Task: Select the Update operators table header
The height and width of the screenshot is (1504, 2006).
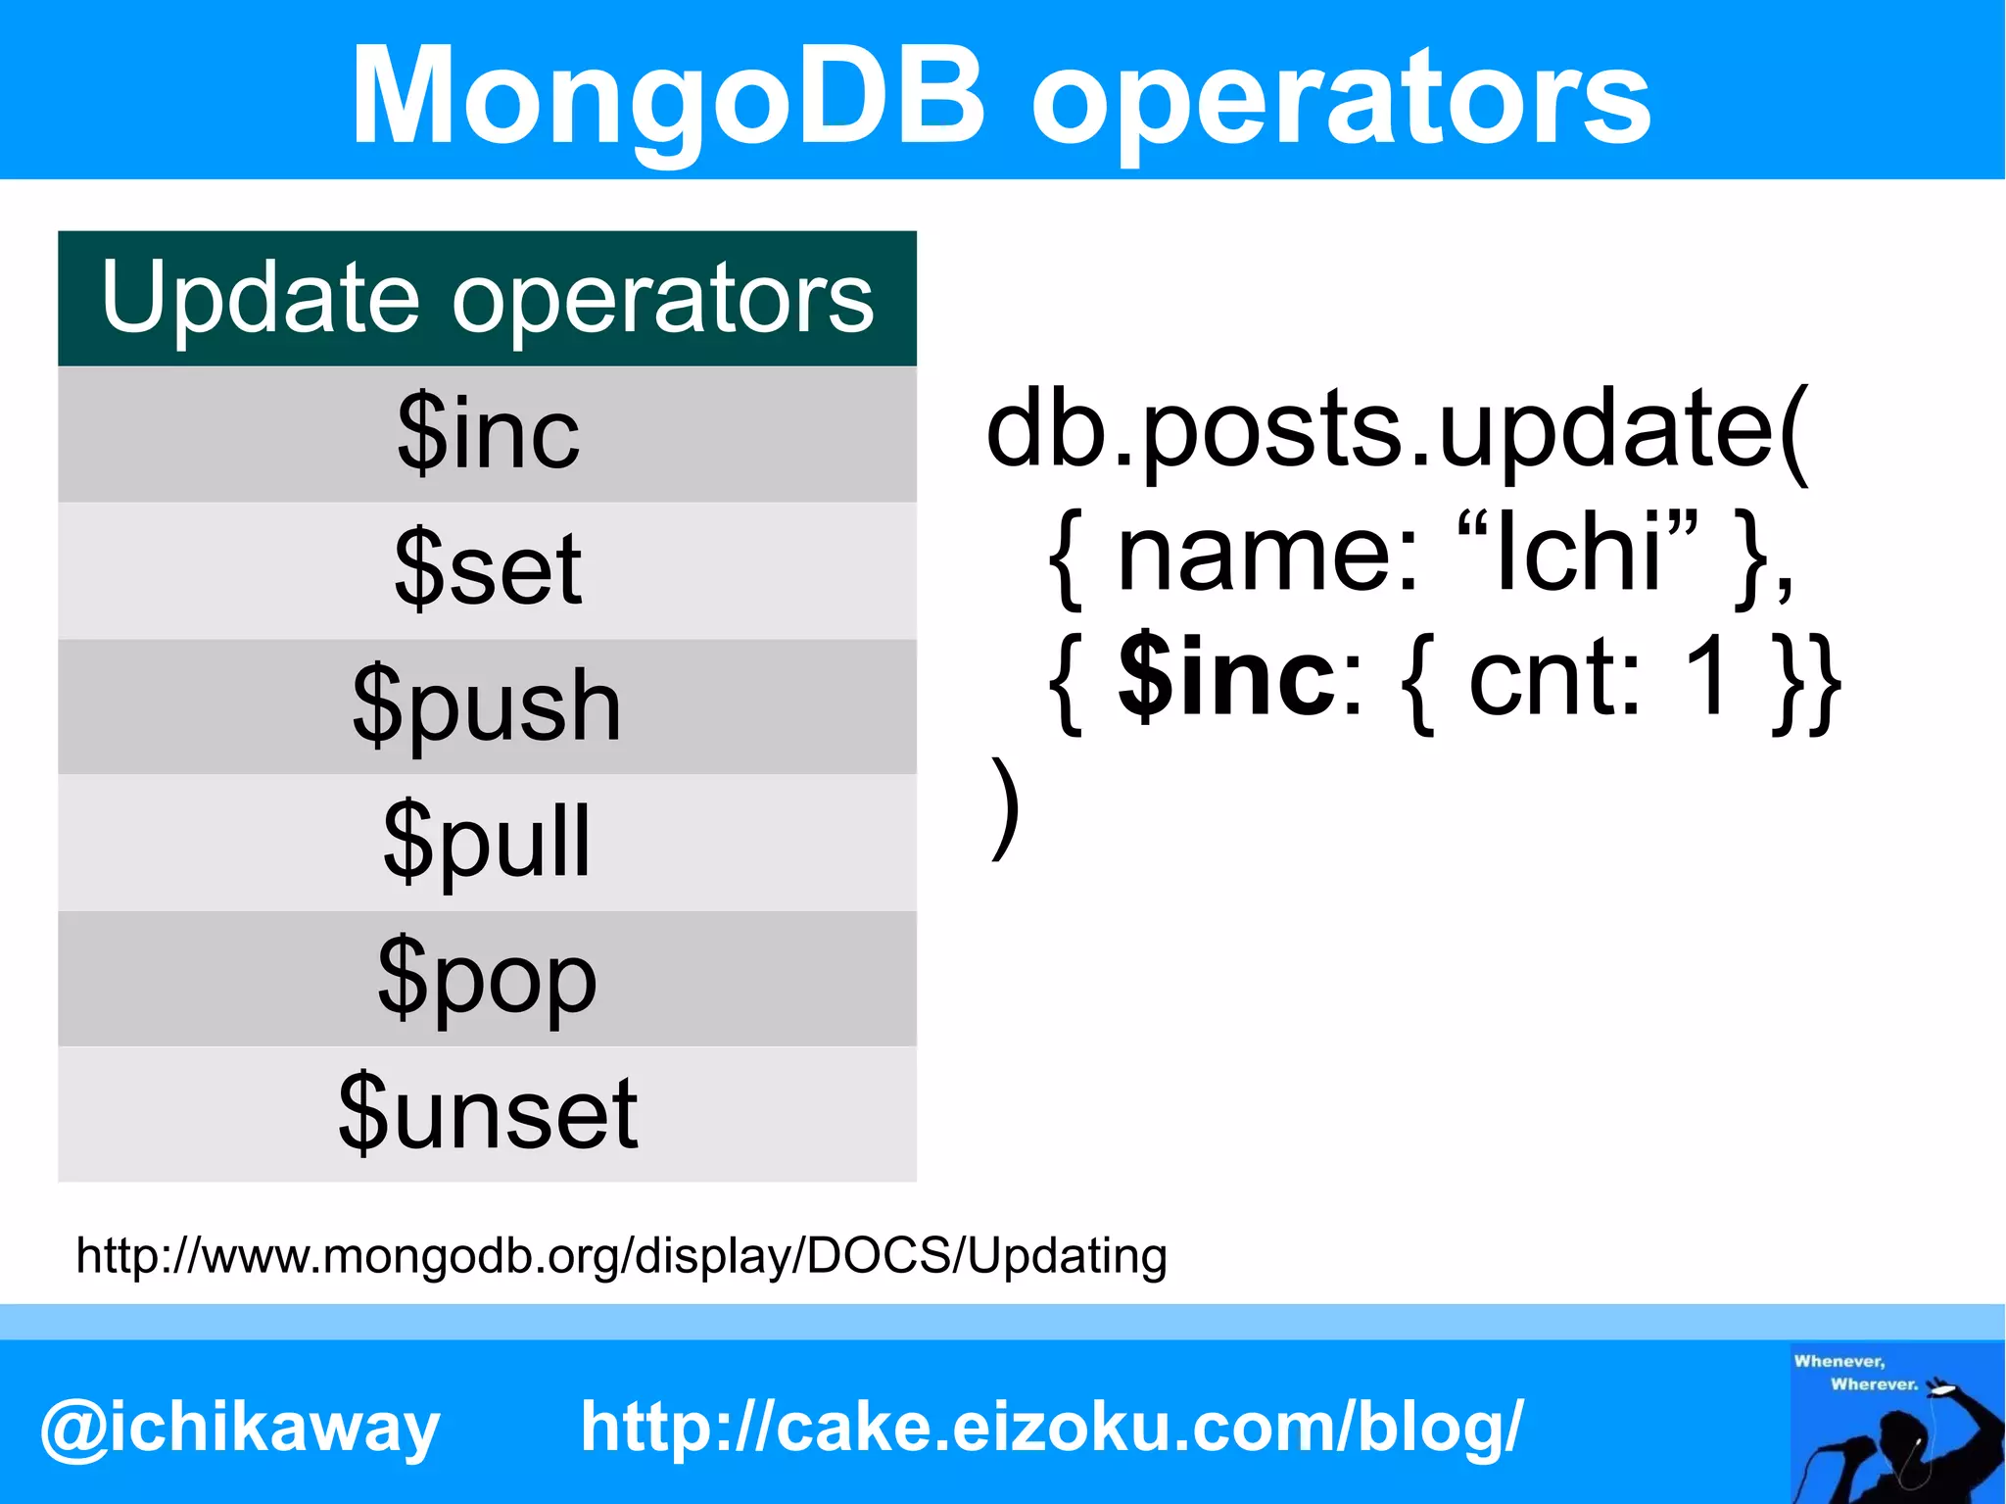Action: (x=487, y=298)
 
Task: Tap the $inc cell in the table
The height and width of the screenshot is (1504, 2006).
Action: (x=487, y=434)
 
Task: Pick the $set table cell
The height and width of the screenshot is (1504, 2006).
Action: (x=487, y=569)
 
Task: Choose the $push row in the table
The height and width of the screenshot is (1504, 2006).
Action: (x=487, y=705)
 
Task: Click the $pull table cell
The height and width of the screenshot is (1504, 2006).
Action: (x=487, y=842)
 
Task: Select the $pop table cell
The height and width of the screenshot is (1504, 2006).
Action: (x=487, y=978)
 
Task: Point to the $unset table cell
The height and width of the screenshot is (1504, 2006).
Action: (x=487, y=1113)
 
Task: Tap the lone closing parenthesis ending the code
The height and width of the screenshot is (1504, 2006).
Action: (x=1005, y=808)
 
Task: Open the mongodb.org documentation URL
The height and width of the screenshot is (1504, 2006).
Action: (x=621, y=1256)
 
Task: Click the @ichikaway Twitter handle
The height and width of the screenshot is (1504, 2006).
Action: (x=240, y=1428)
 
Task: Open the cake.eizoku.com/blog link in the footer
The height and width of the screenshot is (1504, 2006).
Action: (x=1051, y=1426)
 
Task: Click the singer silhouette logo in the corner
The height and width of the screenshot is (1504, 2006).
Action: (x=1896, y=1423)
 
